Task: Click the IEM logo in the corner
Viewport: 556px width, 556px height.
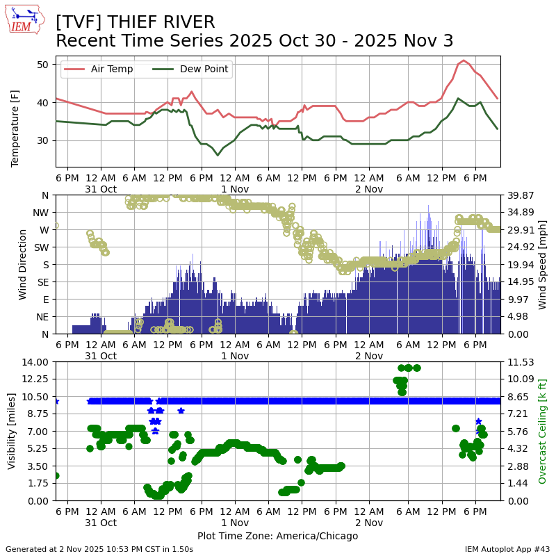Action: (x=25, y=20)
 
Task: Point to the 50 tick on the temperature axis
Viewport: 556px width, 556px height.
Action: (x=42, y=65)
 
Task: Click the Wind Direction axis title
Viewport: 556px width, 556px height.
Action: (x=23, y=264)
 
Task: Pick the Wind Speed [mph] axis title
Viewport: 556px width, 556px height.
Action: (x=543, y=264)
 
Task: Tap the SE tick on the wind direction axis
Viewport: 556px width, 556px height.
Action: (x=42, y=282)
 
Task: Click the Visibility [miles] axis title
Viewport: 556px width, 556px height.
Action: (x=11, y=431)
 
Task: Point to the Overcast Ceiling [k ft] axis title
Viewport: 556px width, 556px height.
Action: (x=543, y=431)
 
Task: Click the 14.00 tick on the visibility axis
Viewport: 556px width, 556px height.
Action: (x=35, y=362)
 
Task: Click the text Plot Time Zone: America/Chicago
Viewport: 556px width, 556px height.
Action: (x=277, y=536)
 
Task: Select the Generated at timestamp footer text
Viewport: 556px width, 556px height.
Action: (x=99, y=549)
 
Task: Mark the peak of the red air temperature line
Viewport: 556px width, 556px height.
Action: (x=464, y=60)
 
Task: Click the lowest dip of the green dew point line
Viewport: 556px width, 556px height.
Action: (x=218, y=155)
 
